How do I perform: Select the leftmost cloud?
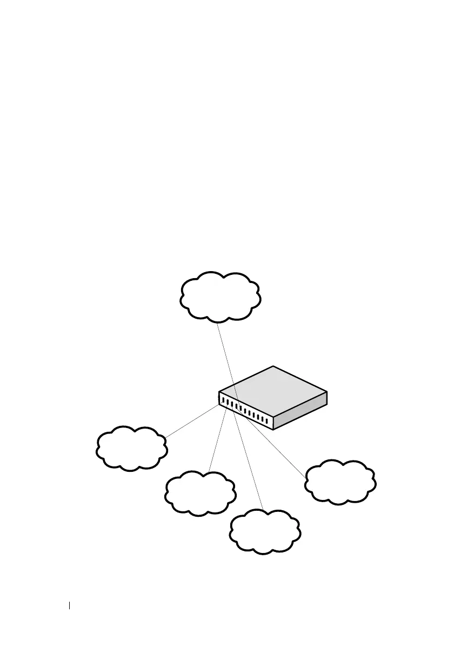pyautogui.click(x=131, y=447)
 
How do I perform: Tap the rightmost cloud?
pyautogui.click(x=340, y=482)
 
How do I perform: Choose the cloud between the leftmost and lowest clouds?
pyautogui.click(x=200, y=492)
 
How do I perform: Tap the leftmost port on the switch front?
pyautogui.click(x=223, y=400)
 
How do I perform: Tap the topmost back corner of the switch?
pyautogui.click(x=273, y=367)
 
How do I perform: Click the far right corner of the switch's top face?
pyautogui.click(x=328, y=392)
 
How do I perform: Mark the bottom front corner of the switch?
pyautogui.click(x=273, y=430)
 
